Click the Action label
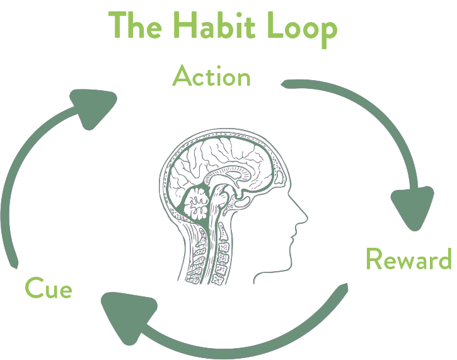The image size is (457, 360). pyautogui.click(x=211, y=76)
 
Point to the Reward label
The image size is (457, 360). pyautogui.click(x=408, y=259)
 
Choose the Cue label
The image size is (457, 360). pyautogui.click(x=48, y=289)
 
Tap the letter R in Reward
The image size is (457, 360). pyautogui.click(x=374, y=259)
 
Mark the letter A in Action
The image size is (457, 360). pyautogui.click(x=182, y=76)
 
